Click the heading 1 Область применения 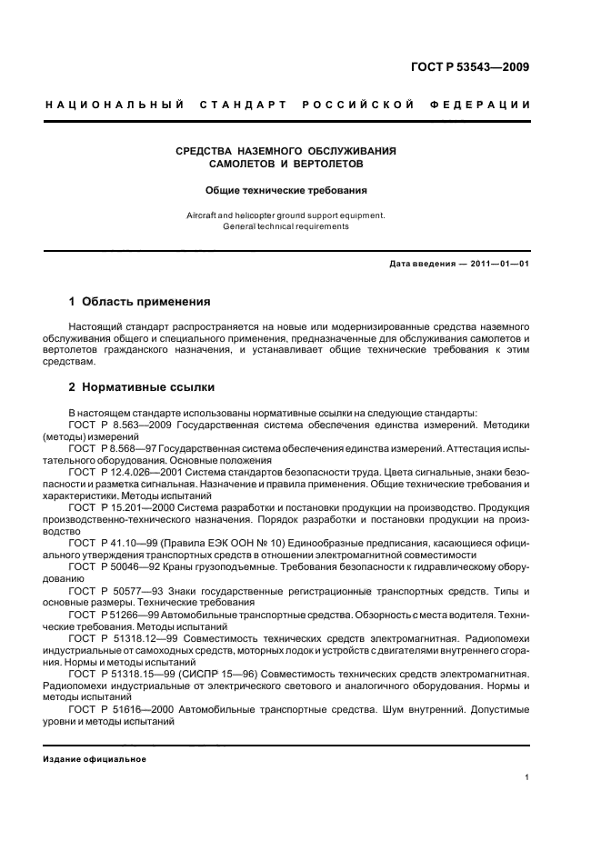[140, 301]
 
